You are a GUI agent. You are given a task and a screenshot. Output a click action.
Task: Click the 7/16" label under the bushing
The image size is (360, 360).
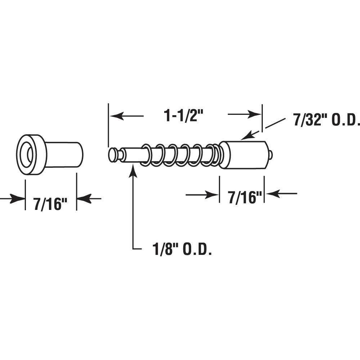click(x=51, y=204)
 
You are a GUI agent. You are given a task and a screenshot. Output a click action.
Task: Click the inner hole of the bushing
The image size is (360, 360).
click(x=28, y=155)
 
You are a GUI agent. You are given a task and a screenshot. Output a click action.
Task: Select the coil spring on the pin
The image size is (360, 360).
click(x=180, y=156)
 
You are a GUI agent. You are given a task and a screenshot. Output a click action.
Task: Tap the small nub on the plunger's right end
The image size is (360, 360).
click(x=270, y=155)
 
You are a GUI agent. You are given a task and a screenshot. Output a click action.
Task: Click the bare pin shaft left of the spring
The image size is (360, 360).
click(x=133, y=155)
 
